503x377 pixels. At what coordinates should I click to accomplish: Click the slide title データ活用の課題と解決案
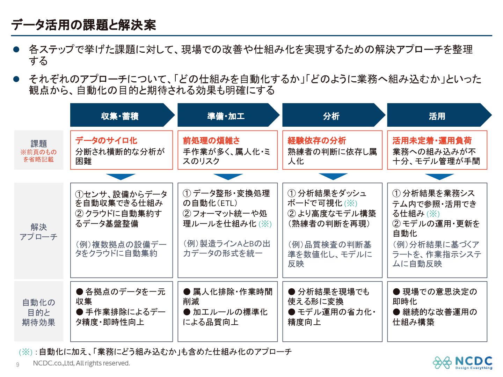[83, 25]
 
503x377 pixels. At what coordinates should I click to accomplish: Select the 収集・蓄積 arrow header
[120, 116]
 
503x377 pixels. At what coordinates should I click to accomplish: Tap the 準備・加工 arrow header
[226, 116]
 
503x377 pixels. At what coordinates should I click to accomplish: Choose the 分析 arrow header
[331, 116]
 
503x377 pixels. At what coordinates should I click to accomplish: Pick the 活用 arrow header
[437, 116]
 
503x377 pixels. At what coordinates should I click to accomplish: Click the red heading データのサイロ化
[106, 140]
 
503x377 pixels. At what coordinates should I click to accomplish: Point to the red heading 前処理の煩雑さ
[211, 140]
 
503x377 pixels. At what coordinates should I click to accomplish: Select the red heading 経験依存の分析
[317, 140]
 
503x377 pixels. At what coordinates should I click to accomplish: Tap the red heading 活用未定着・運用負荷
[432, 140]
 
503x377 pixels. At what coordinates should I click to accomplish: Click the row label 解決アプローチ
[38, 232]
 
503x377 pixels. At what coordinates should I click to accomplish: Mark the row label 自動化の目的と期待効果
[38, 312]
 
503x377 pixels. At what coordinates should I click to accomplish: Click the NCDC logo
[462, 363]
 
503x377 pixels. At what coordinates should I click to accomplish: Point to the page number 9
[17, 365]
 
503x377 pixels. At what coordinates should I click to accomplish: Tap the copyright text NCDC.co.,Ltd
[81, 363]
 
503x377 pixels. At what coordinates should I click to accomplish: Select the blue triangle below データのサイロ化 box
[121, 176]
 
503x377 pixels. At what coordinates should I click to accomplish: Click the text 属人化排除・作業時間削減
[227, 296]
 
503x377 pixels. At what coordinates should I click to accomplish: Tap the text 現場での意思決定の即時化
[435, 296]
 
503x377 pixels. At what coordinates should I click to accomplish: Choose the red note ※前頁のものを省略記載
[38, 156]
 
